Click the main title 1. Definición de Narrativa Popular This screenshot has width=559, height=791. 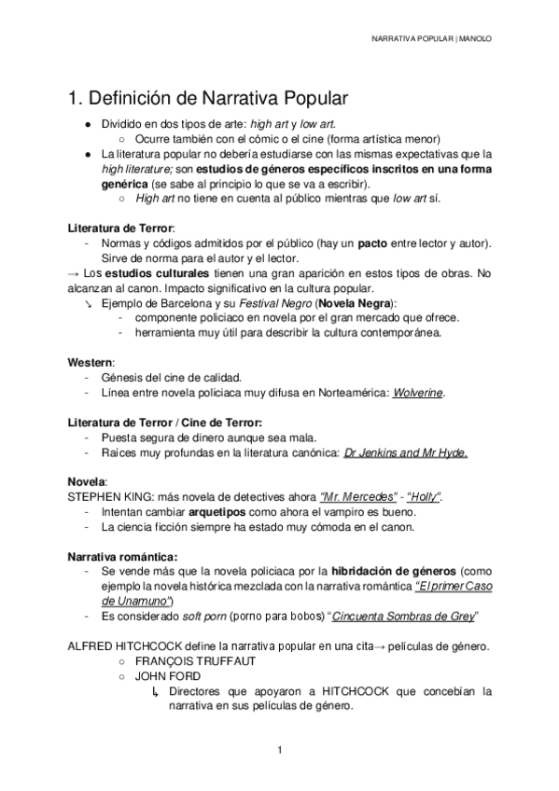[209, 98]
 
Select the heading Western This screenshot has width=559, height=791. [89, 361]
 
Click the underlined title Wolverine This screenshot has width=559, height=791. [419, 393]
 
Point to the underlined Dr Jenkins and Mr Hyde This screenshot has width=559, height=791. [405, 453]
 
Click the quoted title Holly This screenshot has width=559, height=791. [430, 498]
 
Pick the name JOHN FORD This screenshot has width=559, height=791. [167, 675]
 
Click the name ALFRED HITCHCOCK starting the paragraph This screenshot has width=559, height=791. [127, 645]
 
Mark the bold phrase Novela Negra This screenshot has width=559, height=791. [356, 303]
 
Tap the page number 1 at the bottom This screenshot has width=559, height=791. [279, 749]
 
